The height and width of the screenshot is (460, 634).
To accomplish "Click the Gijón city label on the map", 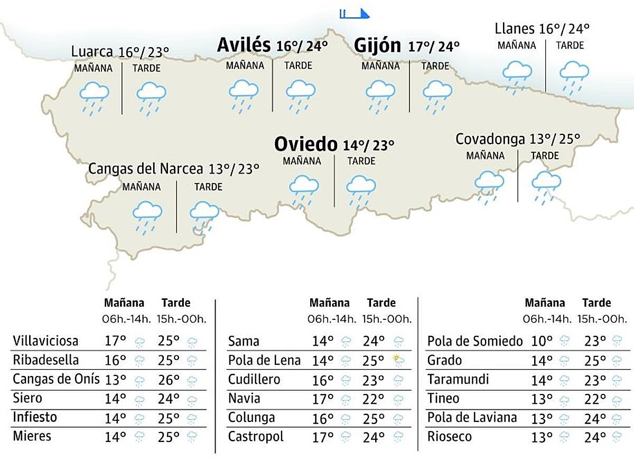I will [377, 45].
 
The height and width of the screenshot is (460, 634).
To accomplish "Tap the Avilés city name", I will [244, 45].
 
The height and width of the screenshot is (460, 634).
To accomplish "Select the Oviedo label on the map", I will [305, 143].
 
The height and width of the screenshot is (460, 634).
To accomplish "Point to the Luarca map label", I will [92, 52].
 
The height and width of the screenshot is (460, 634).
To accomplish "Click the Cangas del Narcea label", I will [145, 169].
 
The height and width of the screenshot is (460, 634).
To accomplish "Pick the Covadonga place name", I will [490, 139].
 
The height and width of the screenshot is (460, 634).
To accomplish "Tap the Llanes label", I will [515, 28].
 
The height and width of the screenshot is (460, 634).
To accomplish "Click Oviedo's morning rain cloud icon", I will [304, 190].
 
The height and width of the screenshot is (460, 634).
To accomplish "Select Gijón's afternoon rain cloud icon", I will [437, 95].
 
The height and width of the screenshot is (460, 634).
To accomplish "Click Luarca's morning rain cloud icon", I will [94, 97].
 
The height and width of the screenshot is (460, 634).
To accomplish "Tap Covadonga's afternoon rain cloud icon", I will [546, 186].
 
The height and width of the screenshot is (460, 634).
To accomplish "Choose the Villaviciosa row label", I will [45, 341].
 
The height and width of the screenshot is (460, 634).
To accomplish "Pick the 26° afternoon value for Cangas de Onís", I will [169, 380].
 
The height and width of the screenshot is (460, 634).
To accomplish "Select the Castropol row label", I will [256, 437].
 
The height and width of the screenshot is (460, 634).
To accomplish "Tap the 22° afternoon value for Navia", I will [374, 399].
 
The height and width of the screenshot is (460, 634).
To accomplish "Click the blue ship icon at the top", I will [355, 13].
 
